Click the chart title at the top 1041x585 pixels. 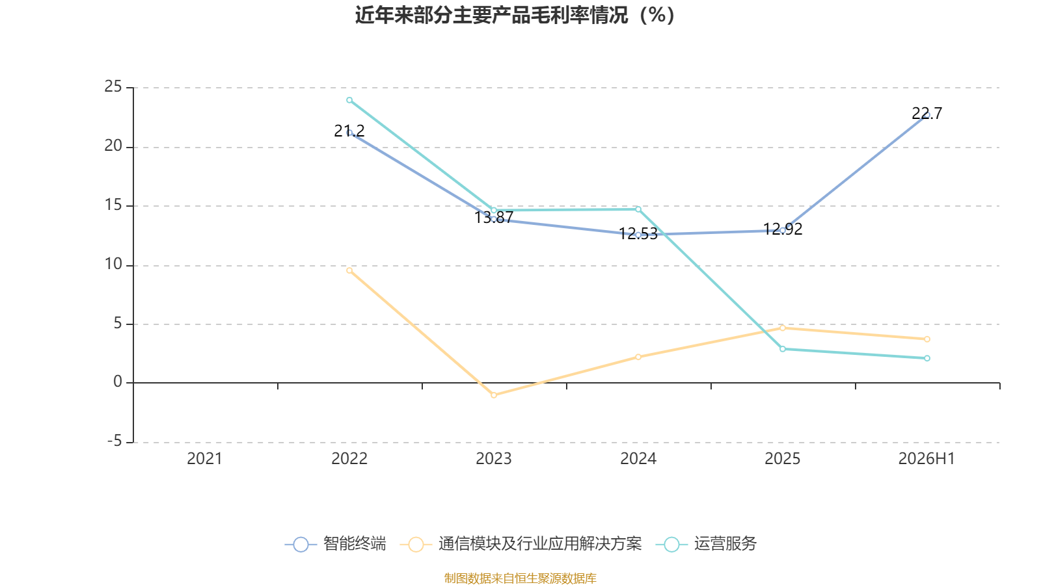click(x=515, y=16)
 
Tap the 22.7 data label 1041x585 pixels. click(x=926, y=114)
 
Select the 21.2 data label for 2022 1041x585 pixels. click(x=349, y=131)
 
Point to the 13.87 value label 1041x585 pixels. click(x=494, y=217)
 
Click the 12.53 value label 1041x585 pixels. click(x=638, y=233)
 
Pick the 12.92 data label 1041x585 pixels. click(x=783, y=229)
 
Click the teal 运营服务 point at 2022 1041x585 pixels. click(x=349, y=100)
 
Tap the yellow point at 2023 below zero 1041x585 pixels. click(x=494, y=395)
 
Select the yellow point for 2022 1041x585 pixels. click(x=349, y=270)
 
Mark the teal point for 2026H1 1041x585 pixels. click(x=927, y=358)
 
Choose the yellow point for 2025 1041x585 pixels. click(x=783, y=328)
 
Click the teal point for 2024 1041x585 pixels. click(x=638, y=209)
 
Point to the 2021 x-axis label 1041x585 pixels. click(x=204, y=459)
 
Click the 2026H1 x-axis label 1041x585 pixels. click(x=926, y=459)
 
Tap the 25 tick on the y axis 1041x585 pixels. click(x=113, y=87)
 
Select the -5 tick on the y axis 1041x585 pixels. click(x=115, y=441)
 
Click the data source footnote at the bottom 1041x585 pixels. click(x=520, y=578)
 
